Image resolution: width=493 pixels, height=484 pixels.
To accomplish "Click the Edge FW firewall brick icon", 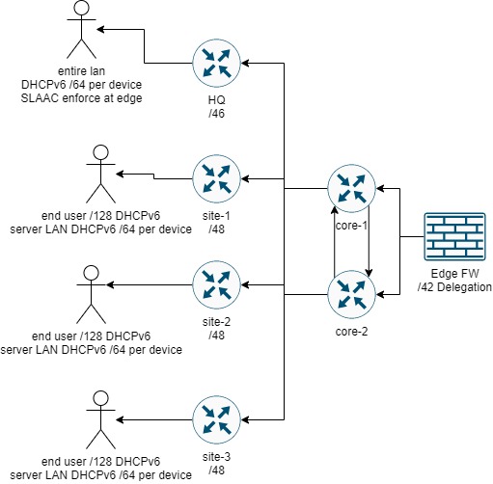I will coord(451,237).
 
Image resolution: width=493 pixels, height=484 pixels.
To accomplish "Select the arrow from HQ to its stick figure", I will coord(145,31).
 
